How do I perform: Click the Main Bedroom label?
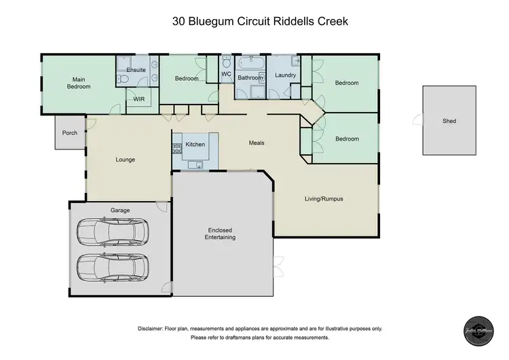79,83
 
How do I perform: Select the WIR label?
139,99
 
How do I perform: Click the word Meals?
257,143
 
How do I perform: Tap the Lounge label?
126,160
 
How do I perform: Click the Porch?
69,132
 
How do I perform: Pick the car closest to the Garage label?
112,232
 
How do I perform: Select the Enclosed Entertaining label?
221,234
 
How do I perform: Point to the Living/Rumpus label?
323,199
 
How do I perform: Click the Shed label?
449,122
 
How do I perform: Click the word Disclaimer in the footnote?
154,328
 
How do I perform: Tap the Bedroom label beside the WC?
187,79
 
